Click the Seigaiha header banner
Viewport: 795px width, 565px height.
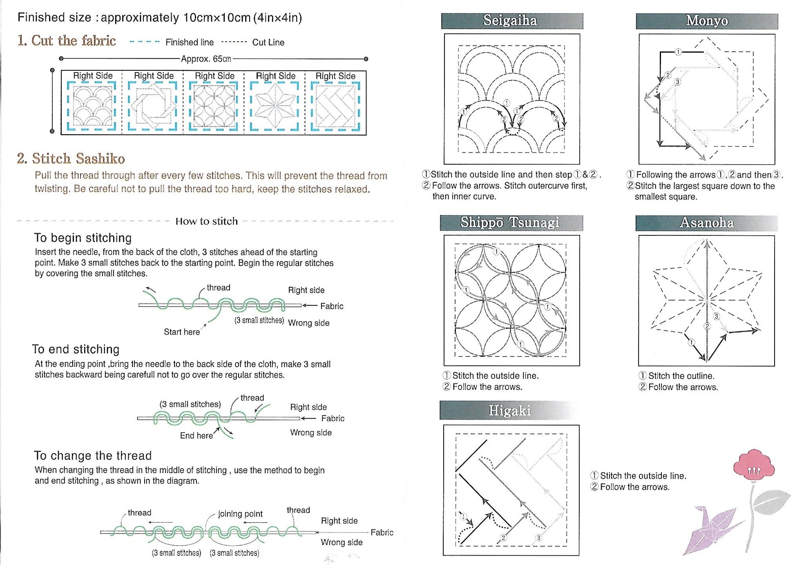click(x=511, y=21)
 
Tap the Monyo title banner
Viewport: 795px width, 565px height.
click(x=707, y=21)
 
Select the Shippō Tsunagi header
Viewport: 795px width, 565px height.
click(x=511, y=223)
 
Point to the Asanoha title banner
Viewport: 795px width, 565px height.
click(x=707, y=223)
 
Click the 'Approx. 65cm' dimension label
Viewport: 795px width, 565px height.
click(x=206, y=59)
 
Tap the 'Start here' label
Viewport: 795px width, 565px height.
click(x=182, y=332)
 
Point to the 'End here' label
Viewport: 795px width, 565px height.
click(x=197, y=436)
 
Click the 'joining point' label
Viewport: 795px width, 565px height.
click(x=240, y=514)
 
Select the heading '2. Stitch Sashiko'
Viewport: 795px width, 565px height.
click(x=71, y=159)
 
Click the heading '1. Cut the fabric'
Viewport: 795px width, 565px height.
click(x=67, y=40)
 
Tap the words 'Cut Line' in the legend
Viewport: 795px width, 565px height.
click(x=268, y=42)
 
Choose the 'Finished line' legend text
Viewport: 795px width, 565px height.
click(x=190, y=42)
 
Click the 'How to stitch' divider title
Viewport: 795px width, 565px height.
click(x=206, y=221)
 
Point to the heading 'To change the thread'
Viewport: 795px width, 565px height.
click(x=93, y=456)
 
